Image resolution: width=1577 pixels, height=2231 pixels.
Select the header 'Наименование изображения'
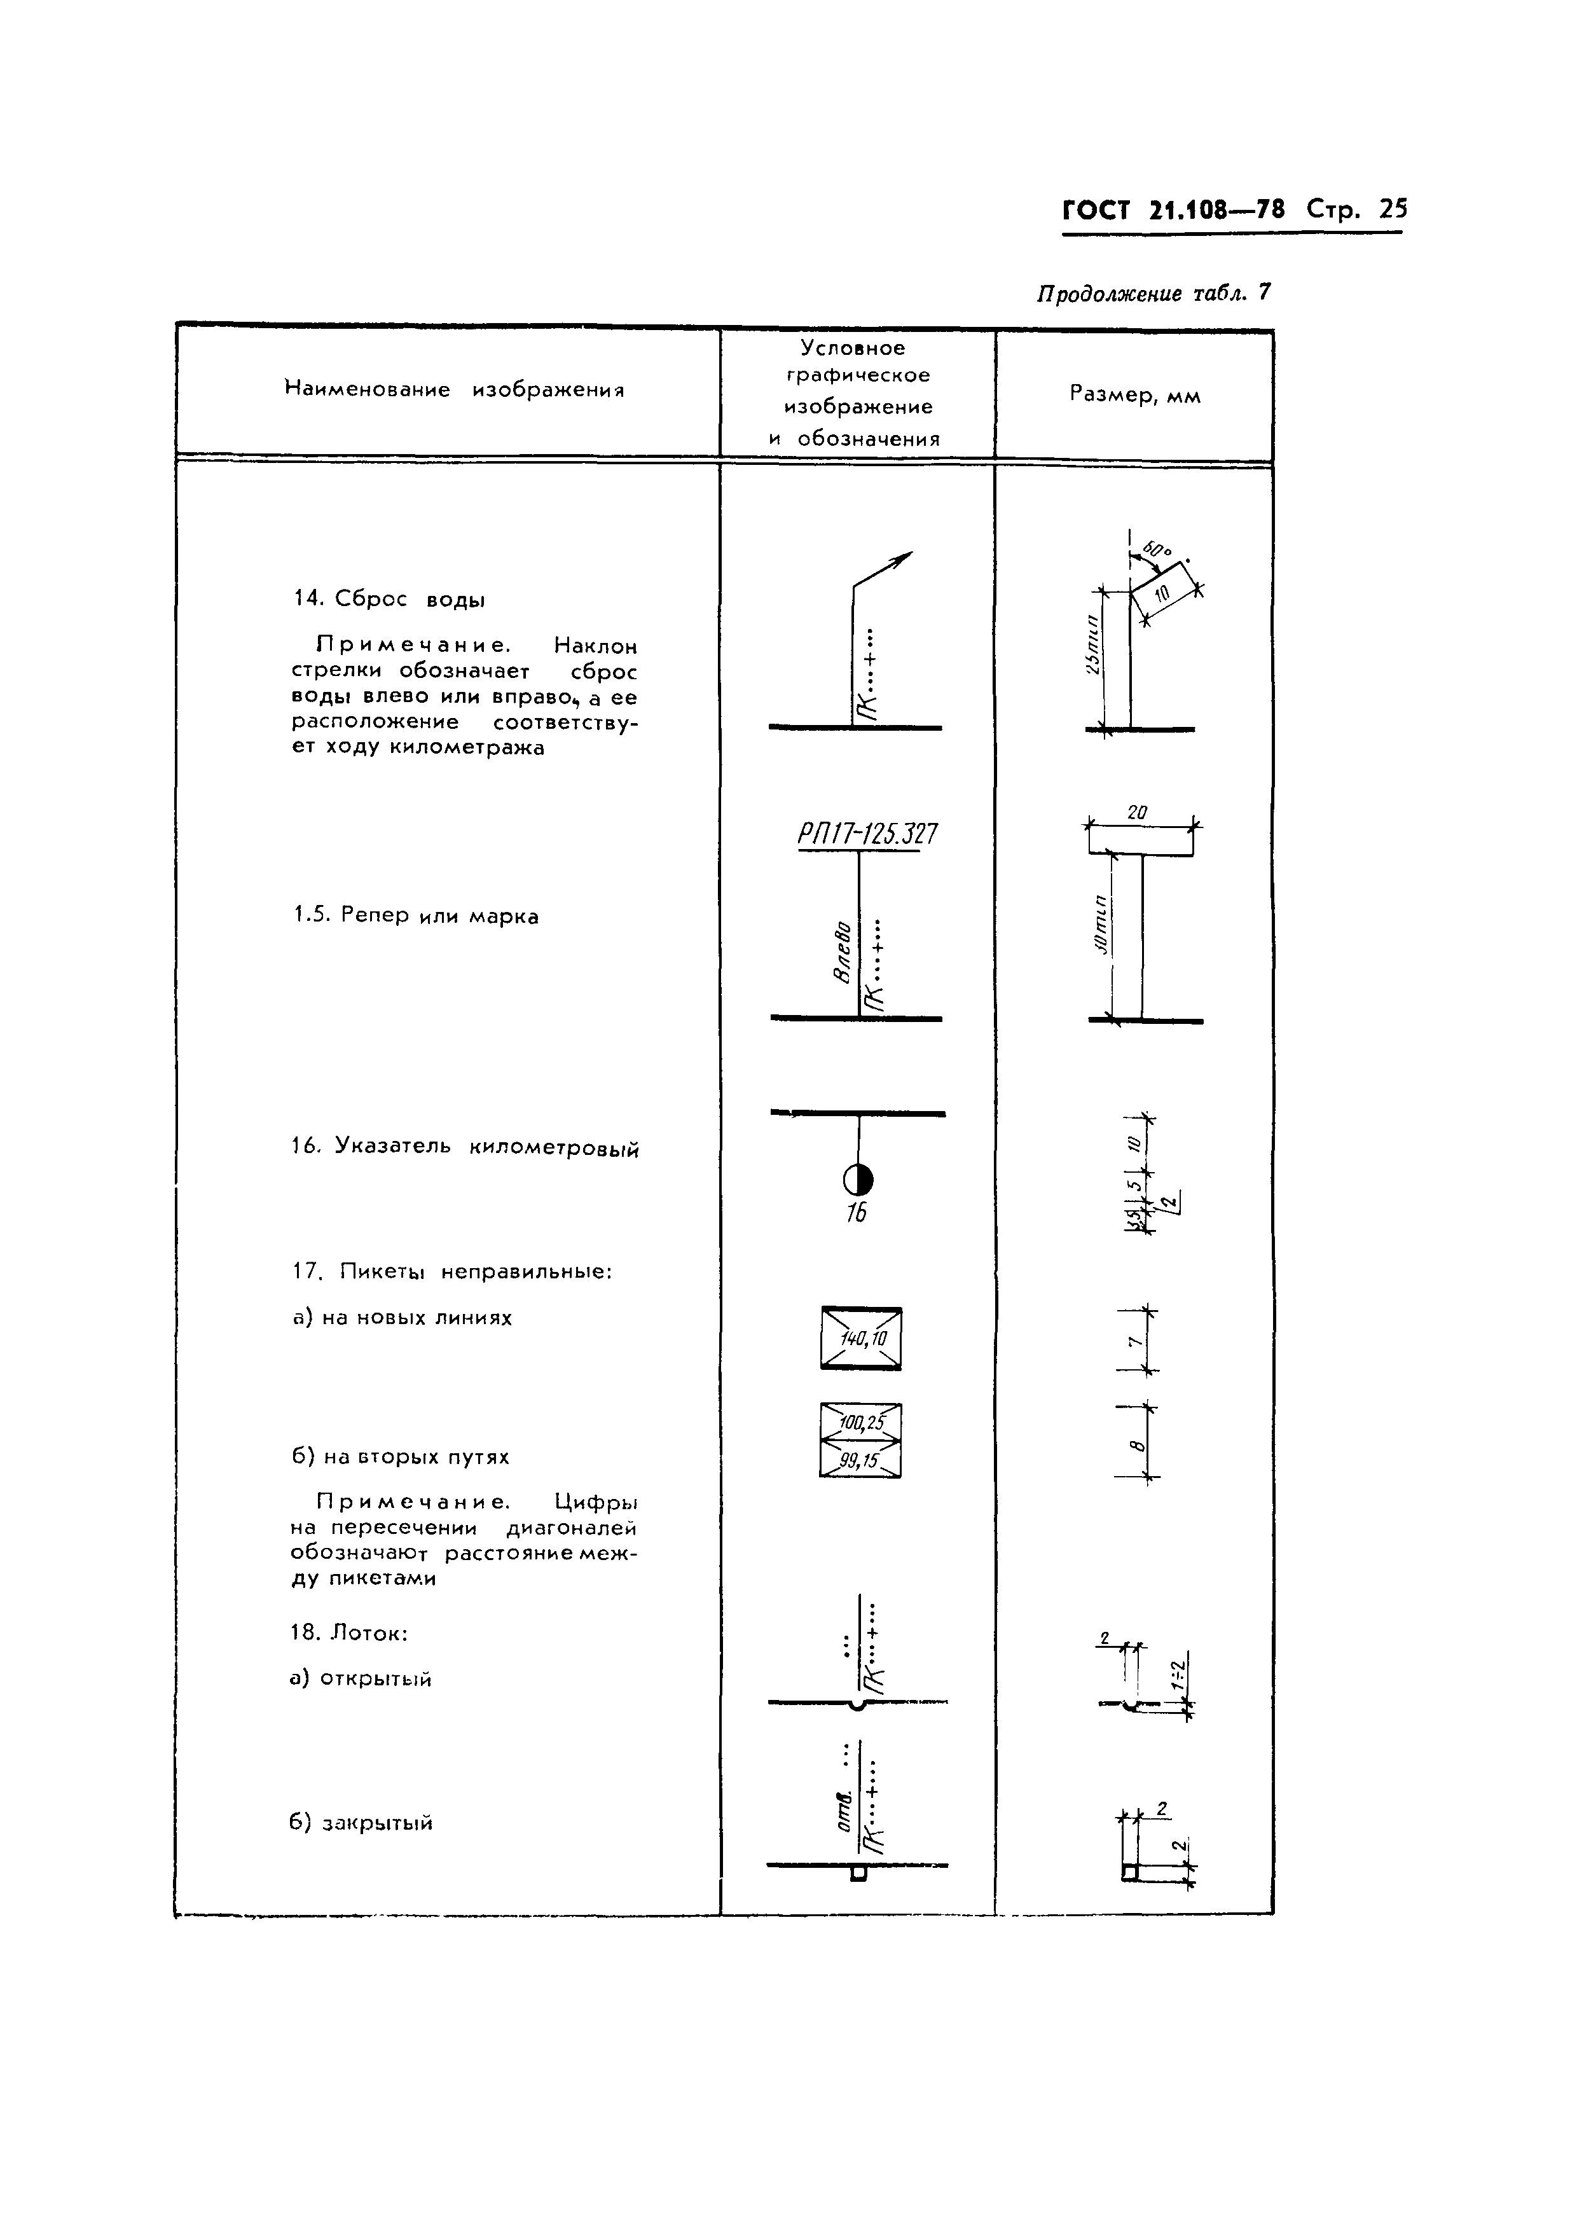[454, 390]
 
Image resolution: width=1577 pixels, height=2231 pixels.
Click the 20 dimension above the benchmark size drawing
[1138, 812]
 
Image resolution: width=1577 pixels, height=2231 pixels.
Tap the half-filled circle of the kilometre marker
[858, 1180]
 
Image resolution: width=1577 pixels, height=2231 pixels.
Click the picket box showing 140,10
[862, 1339]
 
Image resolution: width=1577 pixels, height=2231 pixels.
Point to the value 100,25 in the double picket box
[862, 1423]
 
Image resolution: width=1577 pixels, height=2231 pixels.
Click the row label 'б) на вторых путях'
[401, 1456]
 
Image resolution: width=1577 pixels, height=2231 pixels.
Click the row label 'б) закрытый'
[361, 1823]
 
